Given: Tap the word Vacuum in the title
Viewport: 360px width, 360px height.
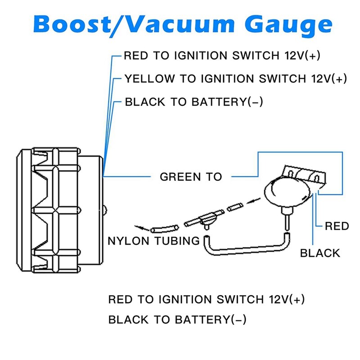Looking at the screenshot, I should pyautogui.click(x=186, y=25).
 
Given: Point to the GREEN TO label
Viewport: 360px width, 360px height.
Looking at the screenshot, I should pyautogui.click(x=191, y=176).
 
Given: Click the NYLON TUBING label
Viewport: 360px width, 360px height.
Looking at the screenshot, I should pyautogui.click(x=153, y=241).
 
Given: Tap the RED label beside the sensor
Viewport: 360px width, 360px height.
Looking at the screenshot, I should pyautogui.click(x=337, y=226).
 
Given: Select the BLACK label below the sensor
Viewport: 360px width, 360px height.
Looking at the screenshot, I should pyautogui.click(x=320, y=253).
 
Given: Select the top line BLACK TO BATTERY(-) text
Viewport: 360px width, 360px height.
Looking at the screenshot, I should pyautogui.click(x=193, y=102).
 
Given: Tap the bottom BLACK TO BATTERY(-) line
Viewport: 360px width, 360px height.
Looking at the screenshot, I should pyautogui.click(x=177, y=320).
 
